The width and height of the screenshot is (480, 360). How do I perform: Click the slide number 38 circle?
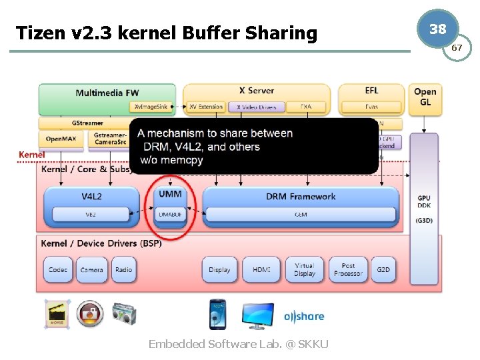pyautogui.click(x=437, y=29)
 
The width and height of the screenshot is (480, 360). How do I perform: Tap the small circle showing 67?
pyautogui.click(x=457, y=48)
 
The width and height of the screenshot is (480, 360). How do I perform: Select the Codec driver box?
pyautogui.click(x=58, y=269)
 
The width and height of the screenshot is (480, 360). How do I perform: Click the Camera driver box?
pyautogui.click(x=91, y=269)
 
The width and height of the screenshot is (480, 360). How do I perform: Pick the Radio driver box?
pyautogui.click(x=123, y=269)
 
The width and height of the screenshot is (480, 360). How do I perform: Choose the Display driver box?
pyautogui.click(x=219, y=269)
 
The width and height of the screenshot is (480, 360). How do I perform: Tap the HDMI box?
pyautogui.click(x=261, y=269)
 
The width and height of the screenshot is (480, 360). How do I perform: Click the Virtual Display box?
pyautogui.click(x=305, y=269)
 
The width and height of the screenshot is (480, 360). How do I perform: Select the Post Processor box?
pyautogui.click(x=348, y=269)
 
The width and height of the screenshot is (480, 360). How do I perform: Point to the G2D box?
pyautogui.click(x=383, y=269)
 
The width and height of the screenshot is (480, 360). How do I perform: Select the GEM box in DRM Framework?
pyautogui.click(x=301, y=214)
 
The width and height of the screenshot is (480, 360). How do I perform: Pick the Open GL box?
pyautogui.click(x=425, y=97)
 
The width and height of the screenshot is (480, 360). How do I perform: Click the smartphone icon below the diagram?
pyautogui.click(x=217, y=314)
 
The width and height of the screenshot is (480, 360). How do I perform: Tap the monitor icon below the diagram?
pyautogui.click(x=257, y=315)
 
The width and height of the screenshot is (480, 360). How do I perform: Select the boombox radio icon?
pyautogui.click(x=123, y=313)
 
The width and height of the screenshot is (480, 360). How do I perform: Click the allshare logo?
pyautogui.click(x=304, y=317)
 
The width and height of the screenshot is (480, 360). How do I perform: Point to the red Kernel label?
pyautogui.click(x=31, y=155)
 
